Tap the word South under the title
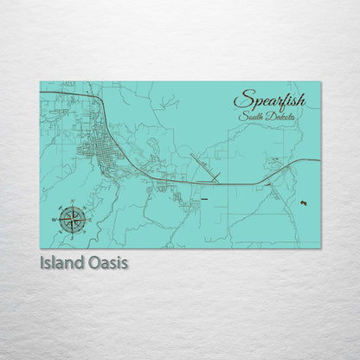[x=255, y=116]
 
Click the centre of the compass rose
[x=73, y=218]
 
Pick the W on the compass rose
[x=60, y=218]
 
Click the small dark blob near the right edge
[x=304, y=202]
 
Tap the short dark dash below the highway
[x=204, y=199]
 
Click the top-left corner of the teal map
[x=40, y=82]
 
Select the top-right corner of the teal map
[x=320, y=82]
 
